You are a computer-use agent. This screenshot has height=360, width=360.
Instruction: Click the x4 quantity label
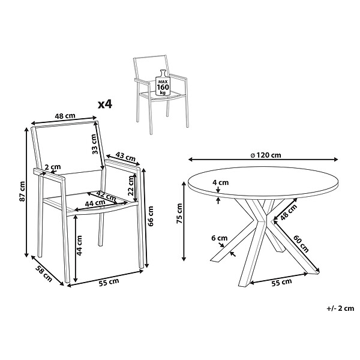pos(105,104)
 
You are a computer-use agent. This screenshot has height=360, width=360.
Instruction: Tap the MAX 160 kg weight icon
pos(163,83)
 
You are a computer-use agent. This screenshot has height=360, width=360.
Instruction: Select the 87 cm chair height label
pos(22,191)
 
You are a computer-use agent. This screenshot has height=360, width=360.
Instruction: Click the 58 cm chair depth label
pos(44,274)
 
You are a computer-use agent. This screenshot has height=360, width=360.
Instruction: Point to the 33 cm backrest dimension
pos(94,144)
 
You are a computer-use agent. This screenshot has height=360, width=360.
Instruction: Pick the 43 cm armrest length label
pos(125,157)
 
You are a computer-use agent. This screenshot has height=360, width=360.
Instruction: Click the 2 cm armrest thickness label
pos(53,167)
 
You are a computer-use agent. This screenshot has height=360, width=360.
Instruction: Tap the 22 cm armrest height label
pos(131,185)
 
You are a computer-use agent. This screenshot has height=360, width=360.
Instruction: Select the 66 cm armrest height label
pos(151,216)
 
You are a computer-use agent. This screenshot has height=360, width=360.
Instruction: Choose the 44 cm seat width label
pos(95,203)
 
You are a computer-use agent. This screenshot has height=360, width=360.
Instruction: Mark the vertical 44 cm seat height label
pos(79,245)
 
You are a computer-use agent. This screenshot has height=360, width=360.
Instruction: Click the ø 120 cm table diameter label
pos(266,155)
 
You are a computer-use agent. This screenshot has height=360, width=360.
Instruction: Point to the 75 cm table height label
pos(179,214)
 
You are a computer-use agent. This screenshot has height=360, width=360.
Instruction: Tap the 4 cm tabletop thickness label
pos(220,182)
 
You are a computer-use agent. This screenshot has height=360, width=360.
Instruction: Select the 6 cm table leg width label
pos(219,238)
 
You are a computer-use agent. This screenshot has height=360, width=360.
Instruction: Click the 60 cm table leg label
pos(301,244)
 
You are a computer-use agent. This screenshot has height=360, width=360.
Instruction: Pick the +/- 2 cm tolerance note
pos(340,308)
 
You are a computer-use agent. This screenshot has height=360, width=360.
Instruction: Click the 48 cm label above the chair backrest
pos(65,116)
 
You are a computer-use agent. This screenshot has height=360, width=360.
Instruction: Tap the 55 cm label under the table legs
pos(281,283)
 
